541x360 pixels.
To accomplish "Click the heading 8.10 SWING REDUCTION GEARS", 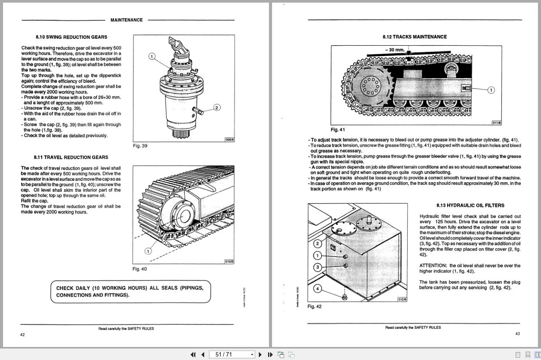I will point(71,37).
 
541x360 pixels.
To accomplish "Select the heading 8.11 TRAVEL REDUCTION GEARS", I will point(71,157).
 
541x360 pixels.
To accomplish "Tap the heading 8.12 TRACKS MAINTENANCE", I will point(414,37).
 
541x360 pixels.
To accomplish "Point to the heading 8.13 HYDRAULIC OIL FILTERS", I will point(470,206).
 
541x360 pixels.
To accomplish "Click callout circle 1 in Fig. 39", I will point(152,56).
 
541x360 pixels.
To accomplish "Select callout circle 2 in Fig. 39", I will point(217,107).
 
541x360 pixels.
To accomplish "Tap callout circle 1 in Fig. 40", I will point(148,251).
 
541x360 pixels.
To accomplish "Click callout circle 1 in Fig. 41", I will point(491,90).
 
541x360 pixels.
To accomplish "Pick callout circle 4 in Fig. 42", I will point(318,288).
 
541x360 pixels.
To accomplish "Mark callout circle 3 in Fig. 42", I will point(318,267).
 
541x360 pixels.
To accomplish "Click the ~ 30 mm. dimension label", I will point(395,50).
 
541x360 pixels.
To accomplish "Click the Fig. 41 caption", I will point(338,130).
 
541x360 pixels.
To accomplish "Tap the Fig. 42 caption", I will point(315,307).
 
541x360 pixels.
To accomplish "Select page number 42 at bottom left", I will point(23,334).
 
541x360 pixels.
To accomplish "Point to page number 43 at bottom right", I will point(518,333).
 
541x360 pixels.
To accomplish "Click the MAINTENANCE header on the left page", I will point(126,20).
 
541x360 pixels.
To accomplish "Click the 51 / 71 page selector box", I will point(232,355).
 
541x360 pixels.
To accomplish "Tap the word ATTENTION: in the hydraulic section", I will point(433,266).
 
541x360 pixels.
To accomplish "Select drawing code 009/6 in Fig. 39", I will point(229,140).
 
